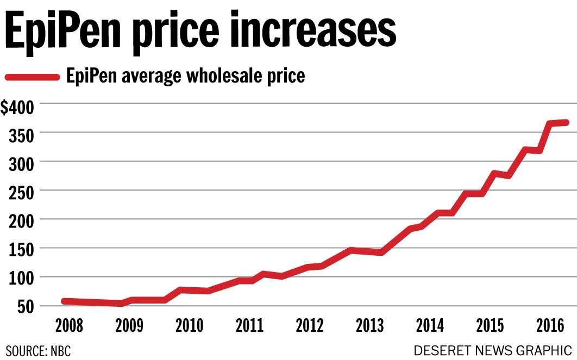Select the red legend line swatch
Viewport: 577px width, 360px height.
pos(32,77)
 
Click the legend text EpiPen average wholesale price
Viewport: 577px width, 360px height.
pos(185,76)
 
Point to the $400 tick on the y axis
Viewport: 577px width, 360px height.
pos(17,107)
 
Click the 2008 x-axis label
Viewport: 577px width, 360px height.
pos(69,326)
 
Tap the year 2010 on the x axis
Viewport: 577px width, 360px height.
pos(189,326)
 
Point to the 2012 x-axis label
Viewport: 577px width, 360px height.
pos(310,326)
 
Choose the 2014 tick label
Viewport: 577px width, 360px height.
pos(430,326)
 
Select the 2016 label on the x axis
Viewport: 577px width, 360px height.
pos(550,326)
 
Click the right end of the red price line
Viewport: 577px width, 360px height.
pos(566,123)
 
